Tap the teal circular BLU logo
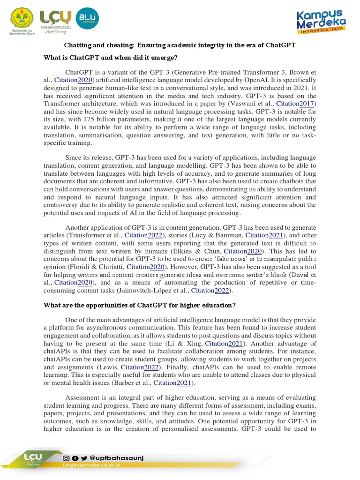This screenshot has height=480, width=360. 87,18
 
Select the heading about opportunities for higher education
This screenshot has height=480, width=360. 139,305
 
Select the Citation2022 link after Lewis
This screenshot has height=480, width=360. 139,367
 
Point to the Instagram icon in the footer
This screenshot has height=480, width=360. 66,457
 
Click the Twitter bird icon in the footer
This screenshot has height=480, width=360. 83,457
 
